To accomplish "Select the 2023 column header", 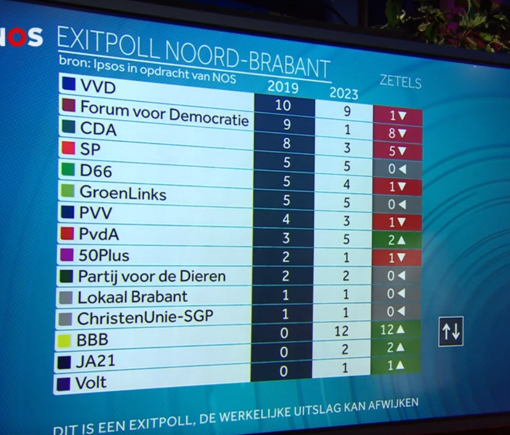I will (x=344, y=93).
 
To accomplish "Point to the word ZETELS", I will (x=400, y=82).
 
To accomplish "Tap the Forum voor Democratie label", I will (x=164, y=113).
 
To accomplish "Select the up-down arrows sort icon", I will (x=451, y=332).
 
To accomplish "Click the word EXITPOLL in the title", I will (x=103, y=42).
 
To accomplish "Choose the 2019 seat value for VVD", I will (x=283, y=105).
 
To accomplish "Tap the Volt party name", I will (x=91, y=383).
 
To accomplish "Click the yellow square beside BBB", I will (x=65, y=340).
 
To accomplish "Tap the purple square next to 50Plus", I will (x=67, y=255).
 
